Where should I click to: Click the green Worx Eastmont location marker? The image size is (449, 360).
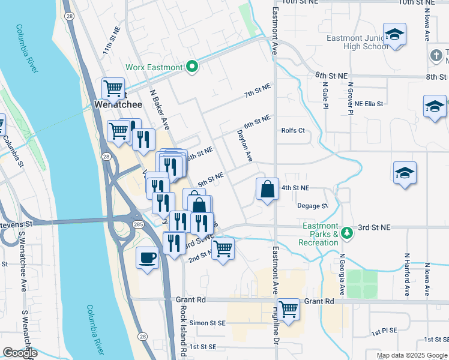coord(192,67)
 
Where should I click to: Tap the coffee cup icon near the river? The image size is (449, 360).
coord(148,259)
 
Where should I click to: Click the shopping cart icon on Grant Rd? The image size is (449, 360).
coord(288,310)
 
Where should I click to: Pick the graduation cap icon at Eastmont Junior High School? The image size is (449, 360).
coord(394,35)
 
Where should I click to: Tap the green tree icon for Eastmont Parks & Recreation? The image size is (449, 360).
coord(346,233)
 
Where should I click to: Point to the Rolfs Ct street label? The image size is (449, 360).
coord(293,130)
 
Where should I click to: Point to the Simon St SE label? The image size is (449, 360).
coord(208,323)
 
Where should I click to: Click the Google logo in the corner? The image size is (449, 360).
coord(20,353)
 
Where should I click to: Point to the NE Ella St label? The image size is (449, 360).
coord(369,104)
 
